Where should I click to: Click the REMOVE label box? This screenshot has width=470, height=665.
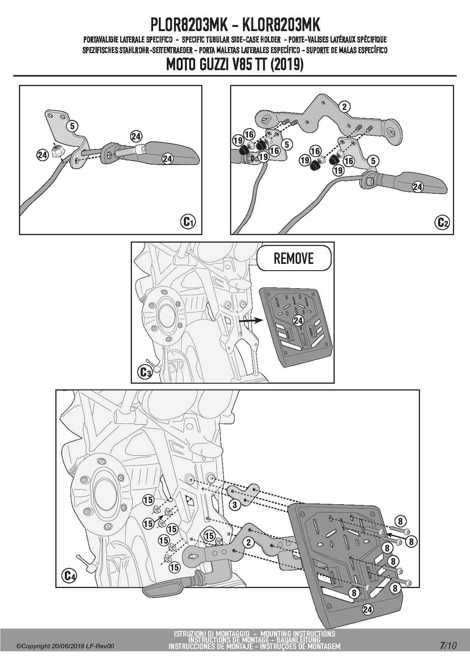[294, 258]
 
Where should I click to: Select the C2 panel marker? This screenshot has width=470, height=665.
[443, 222]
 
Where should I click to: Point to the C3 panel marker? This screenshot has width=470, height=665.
[145, 372]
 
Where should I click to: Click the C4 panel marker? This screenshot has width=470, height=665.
[69, 576]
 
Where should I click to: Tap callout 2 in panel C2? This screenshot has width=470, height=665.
[344, 107]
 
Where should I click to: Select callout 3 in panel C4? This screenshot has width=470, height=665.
[235, 504]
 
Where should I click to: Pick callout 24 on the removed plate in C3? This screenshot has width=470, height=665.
[298, 320]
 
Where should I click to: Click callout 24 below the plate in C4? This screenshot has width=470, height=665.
[367, 610]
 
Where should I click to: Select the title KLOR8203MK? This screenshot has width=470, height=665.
[281, 25]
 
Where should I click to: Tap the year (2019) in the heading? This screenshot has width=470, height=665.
[287, 65]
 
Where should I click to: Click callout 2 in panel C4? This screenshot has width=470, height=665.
[248, 543]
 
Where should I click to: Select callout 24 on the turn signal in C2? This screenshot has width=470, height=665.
[417, 187]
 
